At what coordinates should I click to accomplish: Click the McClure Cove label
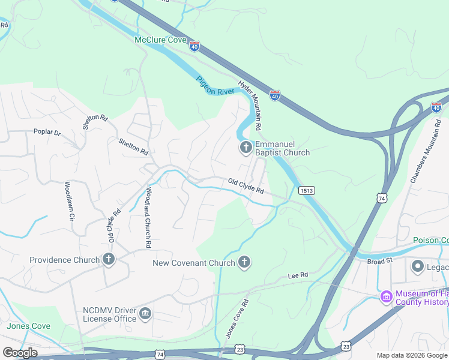(x=160, y=40)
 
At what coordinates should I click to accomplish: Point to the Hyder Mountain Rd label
(x=250, y=106)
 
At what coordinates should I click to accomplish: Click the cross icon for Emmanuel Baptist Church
(x=246, y=148)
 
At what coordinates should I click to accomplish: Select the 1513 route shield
(x=305, y=190)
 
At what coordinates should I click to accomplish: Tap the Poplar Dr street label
(x=47, y=132)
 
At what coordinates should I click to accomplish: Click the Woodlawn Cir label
(x=68, y=202)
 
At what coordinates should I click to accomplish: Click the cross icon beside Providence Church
(x=108, y=260)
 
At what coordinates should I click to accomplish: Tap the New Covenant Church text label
(x=192, y=262)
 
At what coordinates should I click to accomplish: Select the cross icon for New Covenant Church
(x=244, y=262)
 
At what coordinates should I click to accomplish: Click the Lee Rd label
(x=298, y=275)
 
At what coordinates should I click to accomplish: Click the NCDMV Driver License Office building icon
(x=145, y=314)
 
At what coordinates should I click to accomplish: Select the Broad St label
(x=379, y=261)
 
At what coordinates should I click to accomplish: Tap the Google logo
(x=20, y=352)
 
